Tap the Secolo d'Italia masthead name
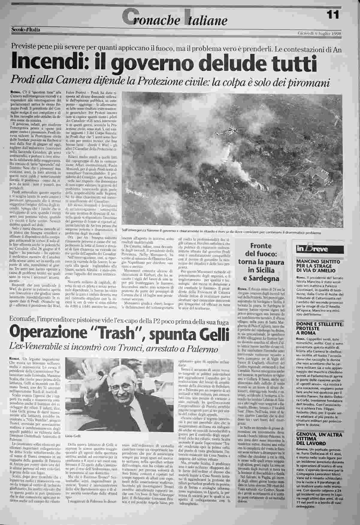point(25,29)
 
